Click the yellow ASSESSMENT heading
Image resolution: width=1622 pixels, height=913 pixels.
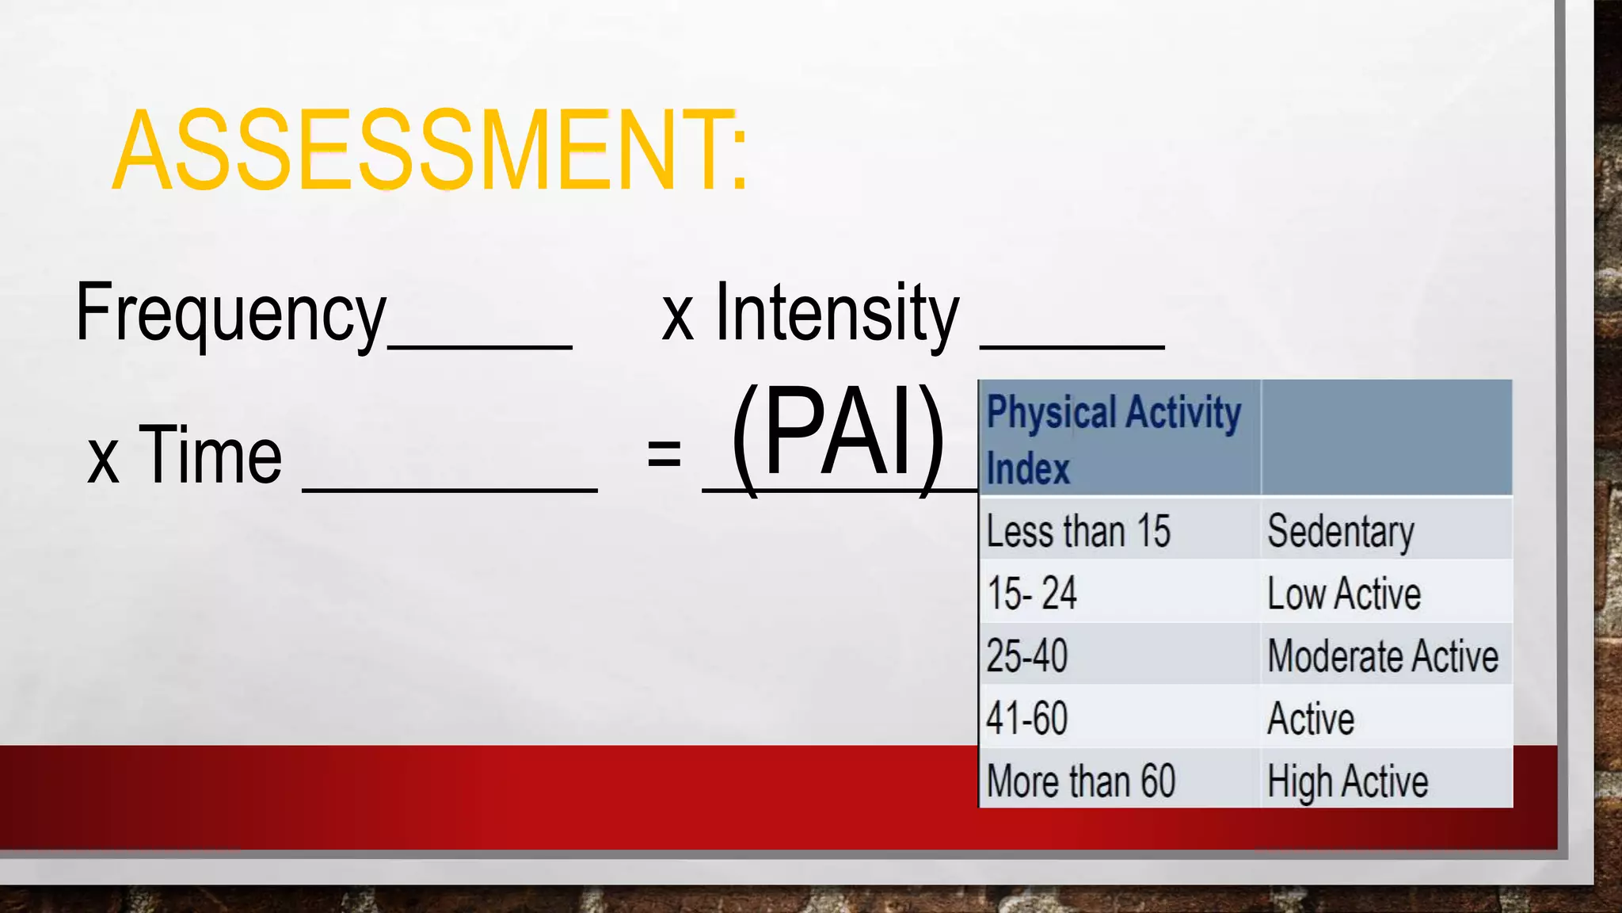pyautogui.click(x=430, y=151)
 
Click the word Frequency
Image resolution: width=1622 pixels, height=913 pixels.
pyautogui.click(x=230, y=314)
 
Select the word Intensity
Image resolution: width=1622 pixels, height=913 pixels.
pyautogui.click(x=837, y=314)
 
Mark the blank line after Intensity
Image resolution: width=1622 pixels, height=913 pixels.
pyautogui.click(x=1072, y=342)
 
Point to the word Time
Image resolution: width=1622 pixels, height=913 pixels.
pyautogui.click(x=210, y=455)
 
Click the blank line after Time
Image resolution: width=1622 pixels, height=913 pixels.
pyautogui.click(x=450, y=485)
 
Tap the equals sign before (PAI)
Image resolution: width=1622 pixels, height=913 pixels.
pyautogui.click(x=664, y=454)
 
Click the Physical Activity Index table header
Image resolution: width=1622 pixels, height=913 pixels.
pyautogui.click(x=1113, y=439)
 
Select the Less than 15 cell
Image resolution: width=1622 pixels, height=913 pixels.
pyautogui.click(x=1079, y=531)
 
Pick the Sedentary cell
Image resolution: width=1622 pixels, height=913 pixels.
pyautogui.click(x=1340, y=531)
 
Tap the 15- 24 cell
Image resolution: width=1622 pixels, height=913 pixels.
pyautogui.click(x=1032, y=593)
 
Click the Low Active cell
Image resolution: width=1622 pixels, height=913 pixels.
pyautogui.click(x=1344, y=594)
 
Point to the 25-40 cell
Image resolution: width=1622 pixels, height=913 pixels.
pyautogui.click(x=1027, y=656)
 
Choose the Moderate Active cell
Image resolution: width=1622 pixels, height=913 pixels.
pyautogui.click(x=1383, y=656)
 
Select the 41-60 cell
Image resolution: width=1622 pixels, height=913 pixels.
pyautogui.click(x=1027, y=718)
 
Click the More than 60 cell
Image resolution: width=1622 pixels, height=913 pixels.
pyautogui.click(x=1081, y=781)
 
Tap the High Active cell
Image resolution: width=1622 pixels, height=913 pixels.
pyautogui.click(x=1347, y=781)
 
